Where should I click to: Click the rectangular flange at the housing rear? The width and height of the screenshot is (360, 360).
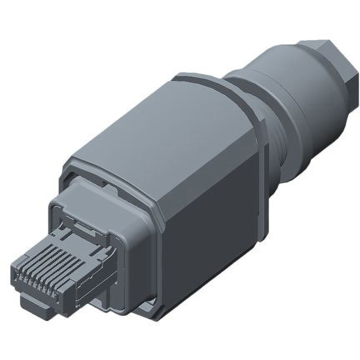tap(261, 180)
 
